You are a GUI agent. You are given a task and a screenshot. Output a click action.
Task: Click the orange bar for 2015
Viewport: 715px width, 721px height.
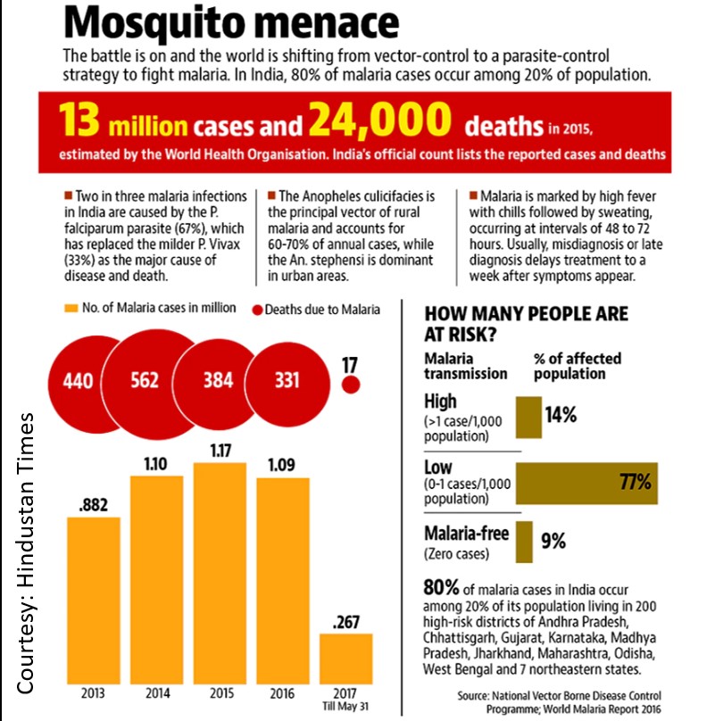(x=220, y=571)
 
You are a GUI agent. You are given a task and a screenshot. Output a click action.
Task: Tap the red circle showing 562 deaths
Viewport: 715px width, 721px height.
(x=146, y=380)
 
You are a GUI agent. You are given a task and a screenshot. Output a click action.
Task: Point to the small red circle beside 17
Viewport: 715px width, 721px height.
(x=351, y=385)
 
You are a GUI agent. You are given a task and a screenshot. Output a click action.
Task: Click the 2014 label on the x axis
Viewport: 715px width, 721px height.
(x=157, y=692)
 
